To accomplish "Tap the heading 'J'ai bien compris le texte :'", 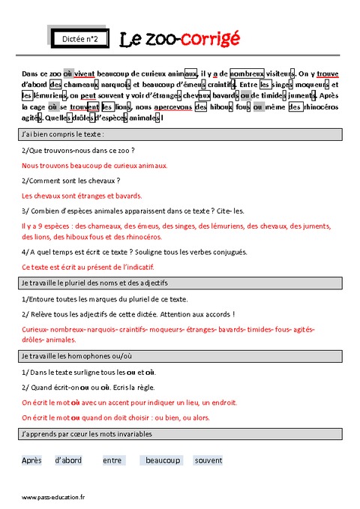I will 63,134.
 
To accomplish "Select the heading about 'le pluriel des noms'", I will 94,283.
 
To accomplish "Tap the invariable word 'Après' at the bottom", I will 32,460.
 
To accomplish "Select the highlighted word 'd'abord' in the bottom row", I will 68,460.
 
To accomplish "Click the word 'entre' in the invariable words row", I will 114,460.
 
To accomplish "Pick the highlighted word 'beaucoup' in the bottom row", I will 163,460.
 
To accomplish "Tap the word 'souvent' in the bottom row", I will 208,460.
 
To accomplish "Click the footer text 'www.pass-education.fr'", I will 52,497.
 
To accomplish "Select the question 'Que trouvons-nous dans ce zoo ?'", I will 78,151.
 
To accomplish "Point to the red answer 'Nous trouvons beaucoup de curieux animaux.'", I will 94,166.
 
